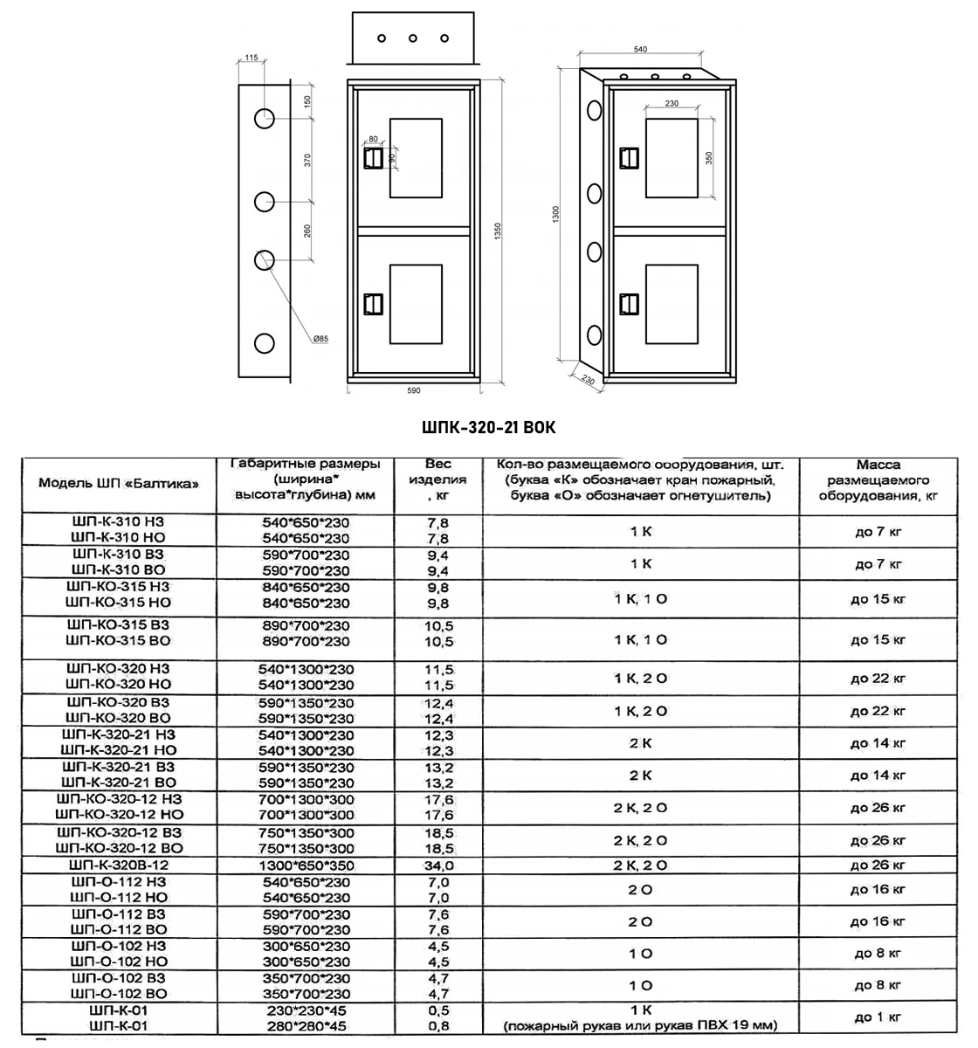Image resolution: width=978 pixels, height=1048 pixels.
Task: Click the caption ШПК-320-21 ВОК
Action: click(x=488, y=428)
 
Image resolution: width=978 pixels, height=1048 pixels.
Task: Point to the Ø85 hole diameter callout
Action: click(x=320, y=339)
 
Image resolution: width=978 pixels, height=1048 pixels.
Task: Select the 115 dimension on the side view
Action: click(x=251, y=58)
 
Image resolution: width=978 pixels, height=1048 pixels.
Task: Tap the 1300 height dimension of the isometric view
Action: click(x=555, y=214)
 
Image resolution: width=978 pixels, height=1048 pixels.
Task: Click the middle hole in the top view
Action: click(x=412, y=38)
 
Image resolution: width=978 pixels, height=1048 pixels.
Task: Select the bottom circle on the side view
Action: click(x=265, y=342)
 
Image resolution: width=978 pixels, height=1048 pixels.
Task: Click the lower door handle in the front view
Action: click(x=373, y=303)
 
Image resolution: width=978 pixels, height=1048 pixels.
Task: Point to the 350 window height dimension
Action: click(x=709, y=158)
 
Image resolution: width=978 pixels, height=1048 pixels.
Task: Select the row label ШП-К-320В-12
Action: click(x=118, y=865)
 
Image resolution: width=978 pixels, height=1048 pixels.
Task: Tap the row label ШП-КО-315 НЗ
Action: click(x=118, y=588)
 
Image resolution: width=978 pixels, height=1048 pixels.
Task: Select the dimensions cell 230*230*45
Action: click(x=306, y=1010)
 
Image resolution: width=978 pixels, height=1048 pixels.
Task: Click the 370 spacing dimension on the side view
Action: click(x=307, y=160)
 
